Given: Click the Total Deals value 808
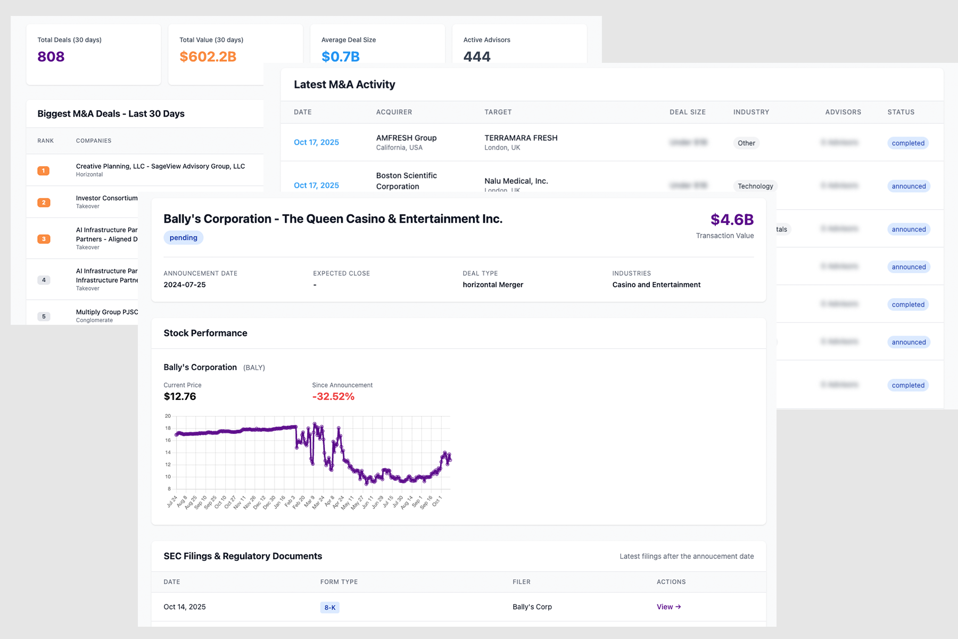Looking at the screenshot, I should [x=51, y=56].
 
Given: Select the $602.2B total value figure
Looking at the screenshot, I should [x=208, y=56].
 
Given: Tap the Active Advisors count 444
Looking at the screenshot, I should [x=477, y=56].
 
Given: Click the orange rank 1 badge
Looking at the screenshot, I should [x=44, y=171].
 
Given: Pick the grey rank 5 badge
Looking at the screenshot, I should [x=44, y=316].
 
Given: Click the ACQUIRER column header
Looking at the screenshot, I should [x=394, y=112].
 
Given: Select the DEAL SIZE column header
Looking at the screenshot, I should [x=687, y=112].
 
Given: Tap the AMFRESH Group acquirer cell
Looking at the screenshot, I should [x=406, y=138].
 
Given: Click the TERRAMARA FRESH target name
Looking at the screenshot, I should [x=521, y=138].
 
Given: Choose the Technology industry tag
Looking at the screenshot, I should [x=755, y=186].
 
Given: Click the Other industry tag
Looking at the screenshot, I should [x=746, y=143].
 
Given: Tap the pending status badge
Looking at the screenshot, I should [x=183, y=238].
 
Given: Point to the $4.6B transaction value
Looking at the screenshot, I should [x=732, y=219].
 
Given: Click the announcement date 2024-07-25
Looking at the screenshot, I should [x=185, y=285].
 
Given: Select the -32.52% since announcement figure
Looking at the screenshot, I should [x=333, y=397].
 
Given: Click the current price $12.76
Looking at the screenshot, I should [x=180, y=397].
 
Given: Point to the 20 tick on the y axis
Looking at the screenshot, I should [x=168, y=416].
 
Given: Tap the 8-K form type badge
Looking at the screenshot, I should [x=330, y=608].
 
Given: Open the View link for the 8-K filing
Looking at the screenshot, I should [x=668, y=607].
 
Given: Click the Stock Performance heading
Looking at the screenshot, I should [x=205, y=333].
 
